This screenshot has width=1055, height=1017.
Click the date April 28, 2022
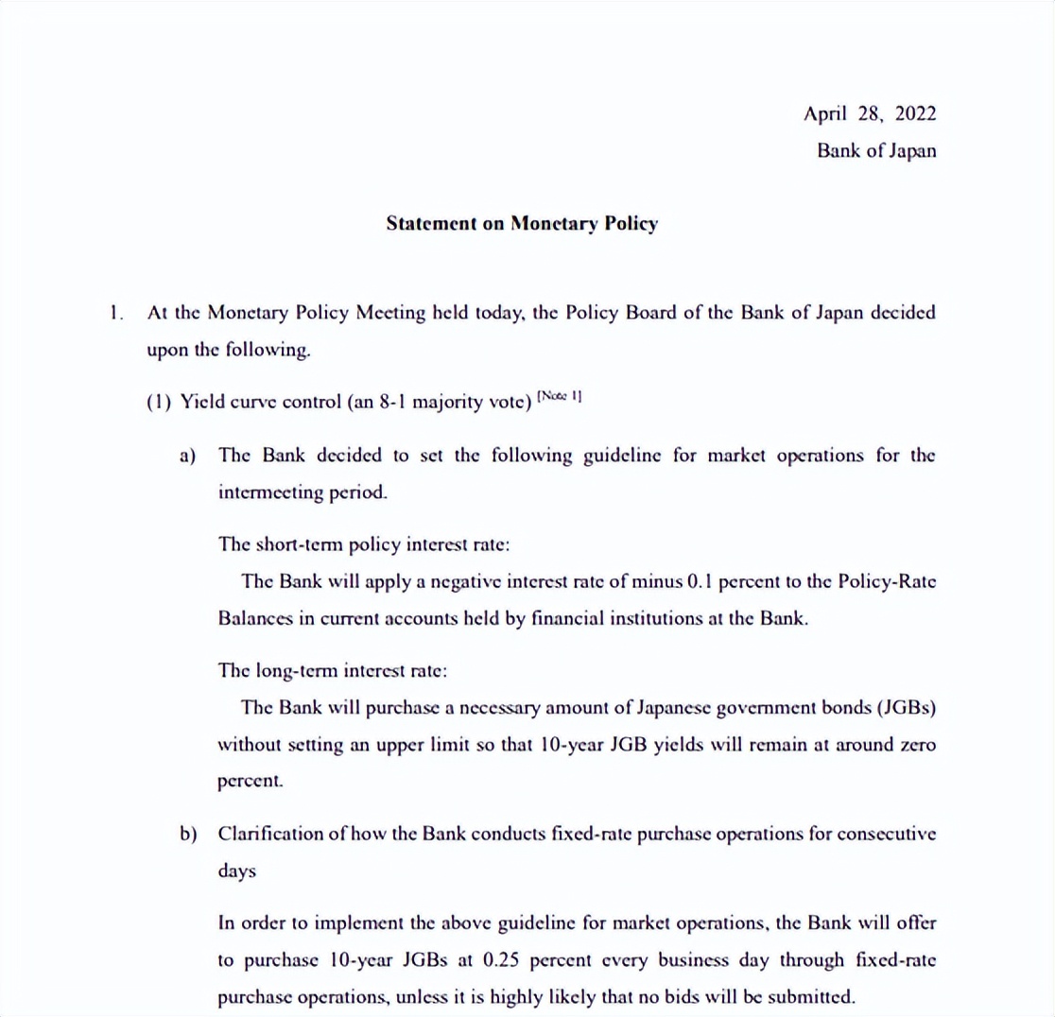click(870, 114)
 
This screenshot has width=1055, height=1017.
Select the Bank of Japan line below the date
click(876, 150)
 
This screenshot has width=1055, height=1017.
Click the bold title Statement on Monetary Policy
click(522, 224)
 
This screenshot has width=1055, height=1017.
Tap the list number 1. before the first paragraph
click(116, 314)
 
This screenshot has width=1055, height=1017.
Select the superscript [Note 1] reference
click(559, 397)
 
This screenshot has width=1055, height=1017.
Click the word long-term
click(285, 671)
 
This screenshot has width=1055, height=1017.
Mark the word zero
click(917, 744)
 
